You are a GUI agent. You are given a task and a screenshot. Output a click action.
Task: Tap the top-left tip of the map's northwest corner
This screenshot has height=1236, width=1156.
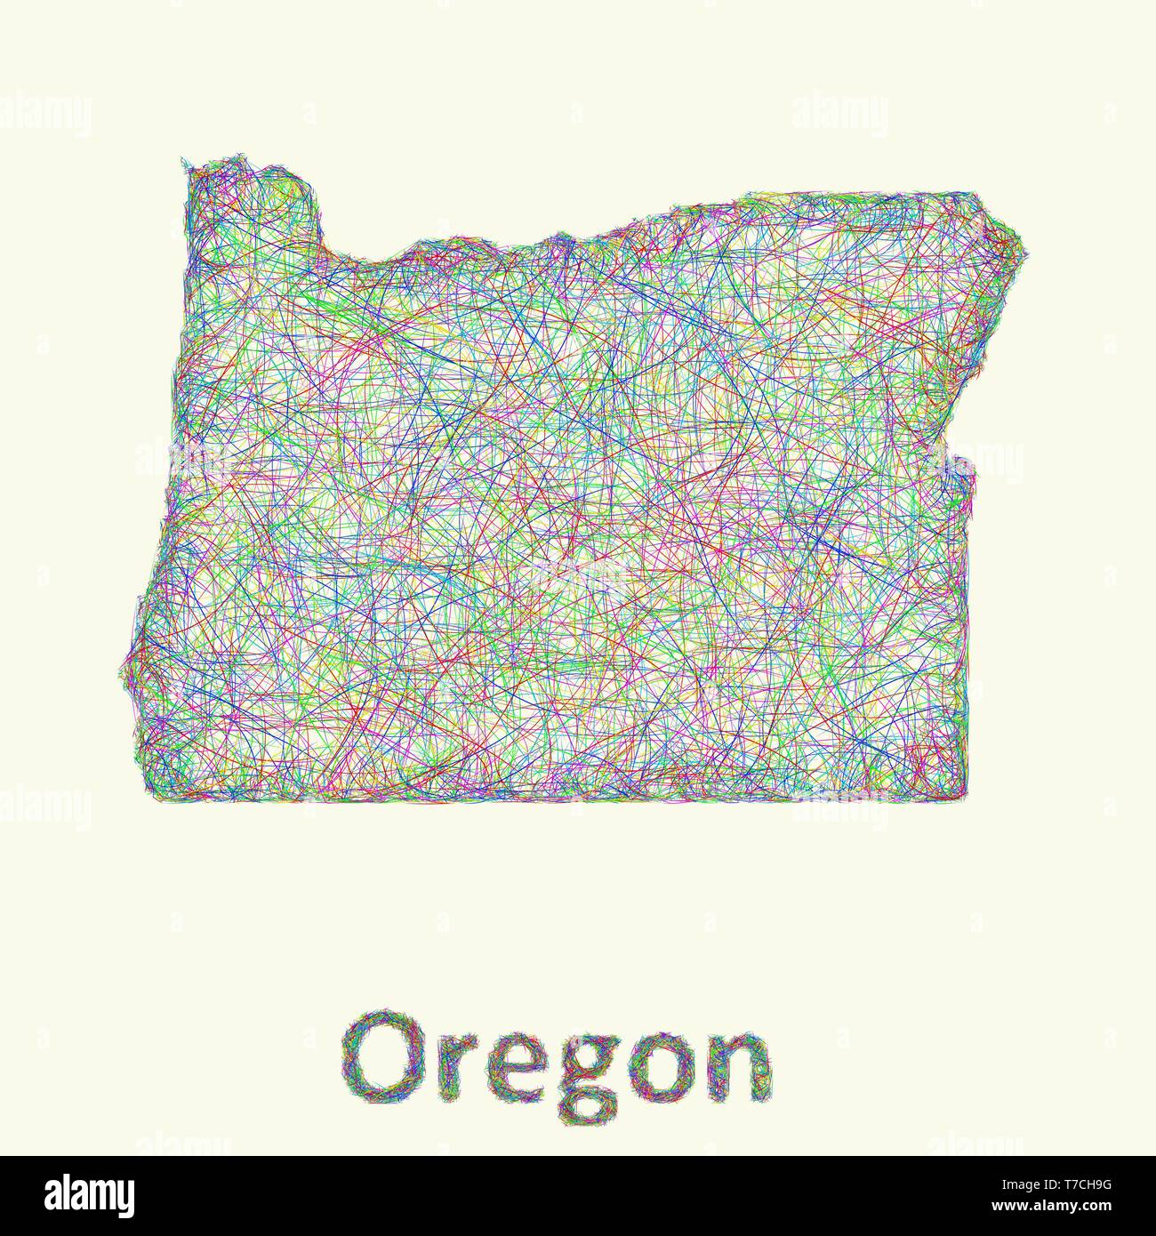click(x=184, y=161)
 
